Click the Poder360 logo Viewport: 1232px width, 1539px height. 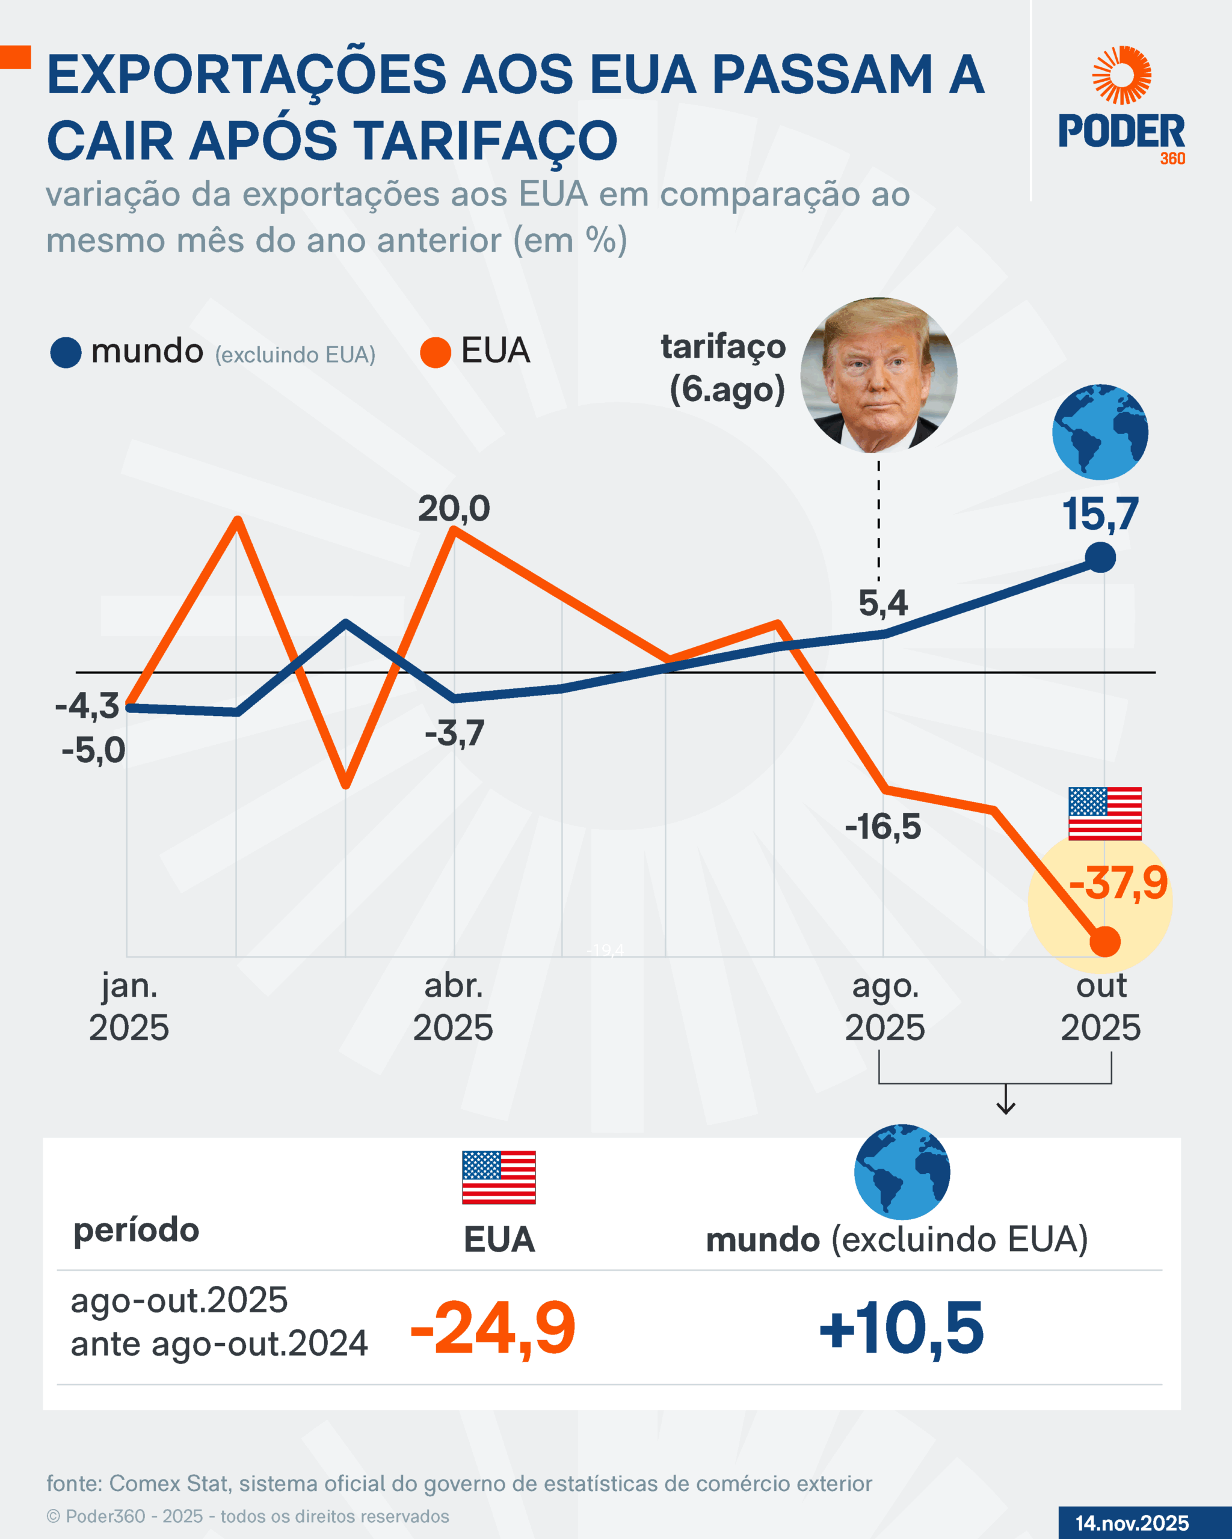(1121, 107)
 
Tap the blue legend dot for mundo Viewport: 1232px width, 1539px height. (66, 353)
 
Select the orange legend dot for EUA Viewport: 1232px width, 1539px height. (435, 353)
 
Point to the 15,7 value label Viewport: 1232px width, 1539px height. (1100, 514)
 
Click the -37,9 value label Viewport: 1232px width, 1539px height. (1118, 883)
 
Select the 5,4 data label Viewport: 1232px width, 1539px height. (882, 603)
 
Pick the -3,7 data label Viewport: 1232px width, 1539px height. (455, 733)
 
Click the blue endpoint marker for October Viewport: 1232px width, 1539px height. (1100, 557)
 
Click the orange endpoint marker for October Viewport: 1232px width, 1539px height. (1105, 941)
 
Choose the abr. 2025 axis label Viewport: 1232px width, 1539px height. (453, 1006)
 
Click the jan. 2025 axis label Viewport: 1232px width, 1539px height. (129, 1006)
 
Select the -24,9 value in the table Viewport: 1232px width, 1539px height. (493, 1328)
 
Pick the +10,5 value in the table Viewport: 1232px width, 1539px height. (901, 1328)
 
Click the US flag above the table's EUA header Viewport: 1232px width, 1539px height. (499, 1177)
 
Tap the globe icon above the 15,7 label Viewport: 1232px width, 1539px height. (1100, 432)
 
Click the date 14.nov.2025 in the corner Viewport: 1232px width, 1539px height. (1132, 1523)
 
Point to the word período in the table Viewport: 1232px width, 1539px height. (137, 1230)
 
